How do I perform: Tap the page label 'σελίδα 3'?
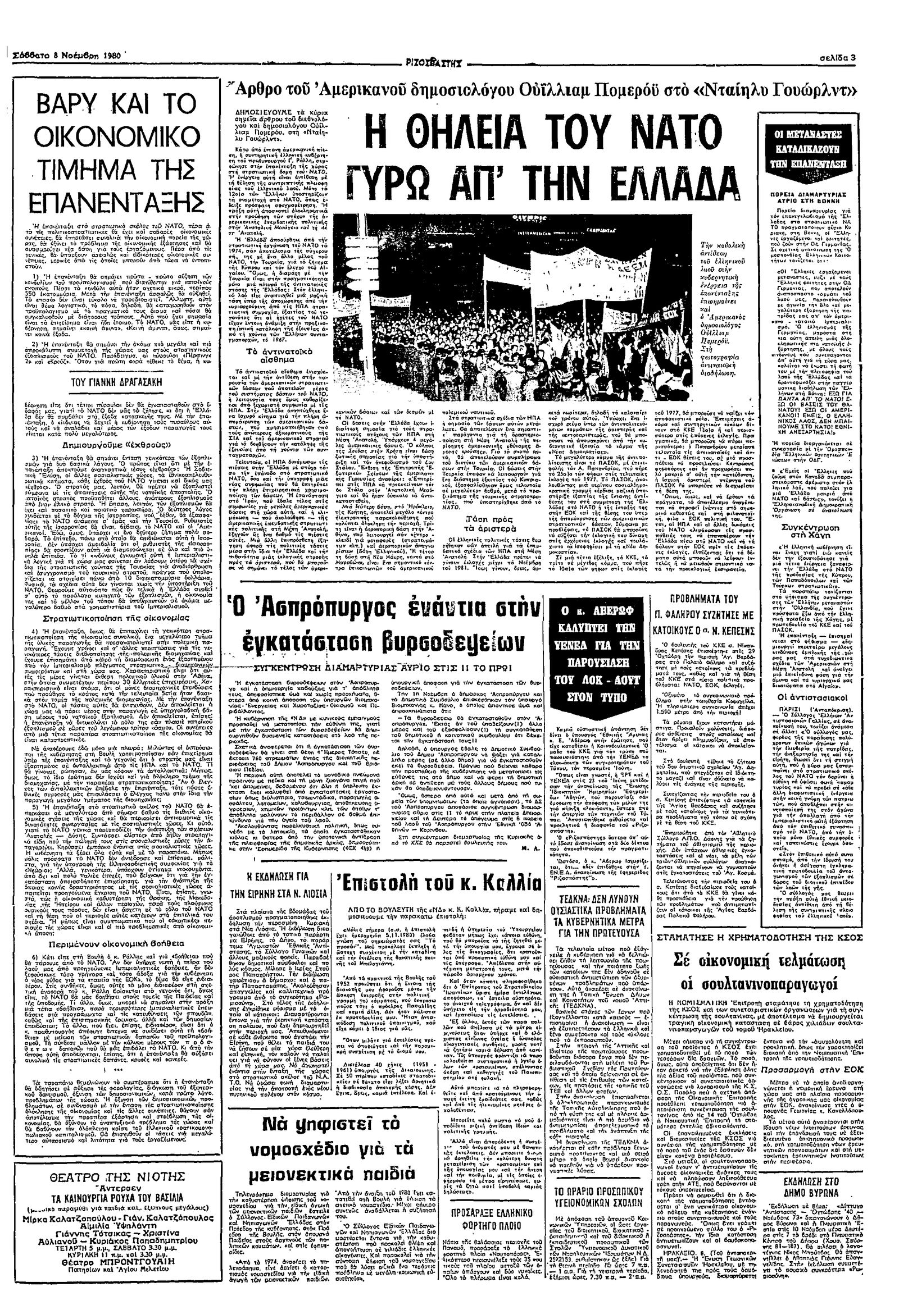pyautogui.click(x=837, y=57)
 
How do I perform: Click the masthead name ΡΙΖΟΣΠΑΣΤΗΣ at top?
pyautogui.click(x=437, y=61)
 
